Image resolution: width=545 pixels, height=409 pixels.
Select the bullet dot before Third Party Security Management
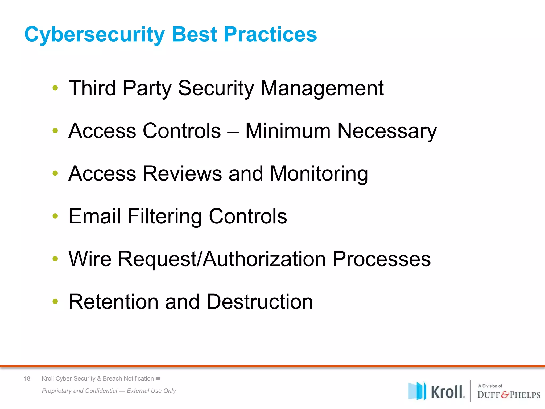tap(55, 88)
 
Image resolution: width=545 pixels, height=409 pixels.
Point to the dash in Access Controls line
tap(233, 131)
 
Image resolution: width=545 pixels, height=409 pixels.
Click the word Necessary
tap(387, 131)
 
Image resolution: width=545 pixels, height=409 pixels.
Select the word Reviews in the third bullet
tap(182, 174)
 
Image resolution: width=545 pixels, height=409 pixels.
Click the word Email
tap(94, 216)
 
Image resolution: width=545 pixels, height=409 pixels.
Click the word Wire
tap(90, 259)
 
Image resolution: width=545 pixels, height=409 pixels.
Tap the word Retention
tap(113, 302)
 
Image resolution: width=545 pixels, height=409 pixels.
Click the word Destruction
tap(259, 302)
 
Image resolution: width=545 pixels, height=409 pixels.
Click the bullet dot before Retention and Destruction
tap(55, 301)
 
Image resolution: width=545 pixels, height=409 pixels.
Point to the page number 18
tap(27, 378)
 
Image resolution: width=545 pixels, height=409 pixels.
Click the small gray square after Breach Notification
tap(158, 378)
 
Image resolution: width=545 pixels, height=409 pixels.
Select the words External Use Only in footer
tap(151, 391)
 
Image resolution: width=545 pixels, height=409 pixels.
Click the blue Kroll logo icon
tap(417, 391)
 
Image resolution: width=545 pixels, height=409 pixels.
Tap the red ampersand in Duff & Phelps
tap(505, 395)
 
